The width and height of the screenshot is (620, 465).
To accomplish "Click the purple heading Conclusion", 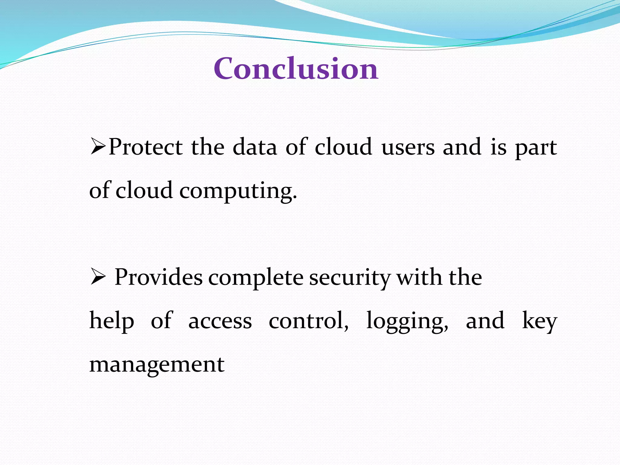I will click(x=296, y=69).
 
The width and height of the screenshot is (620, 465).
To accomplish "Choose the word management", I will click(x=157, y=364).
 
